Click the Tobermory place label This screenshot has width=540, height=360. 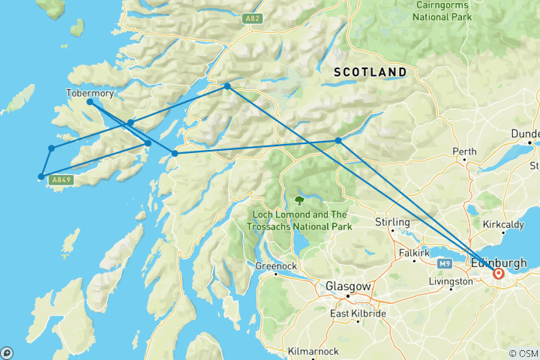click(90, 93)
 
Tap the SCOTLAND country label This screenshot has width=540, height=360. click(370, 72)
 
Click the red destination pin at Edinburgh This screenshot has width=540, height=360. click(498, 274)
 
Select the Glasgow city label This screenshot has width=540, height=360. click(347, 286)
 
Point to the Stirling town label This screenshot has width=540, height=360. click(392, 222)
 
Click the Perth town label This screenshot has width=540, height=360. click(464, 151)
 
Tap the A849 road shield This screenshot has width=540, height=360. click(59, 180)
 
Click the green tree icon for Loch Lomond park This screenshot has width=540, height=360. click(300, 200)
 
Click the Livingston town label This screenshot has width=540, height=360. click(452, 282)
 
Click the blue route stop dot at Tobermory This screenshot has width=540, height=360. click(89, 101)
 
